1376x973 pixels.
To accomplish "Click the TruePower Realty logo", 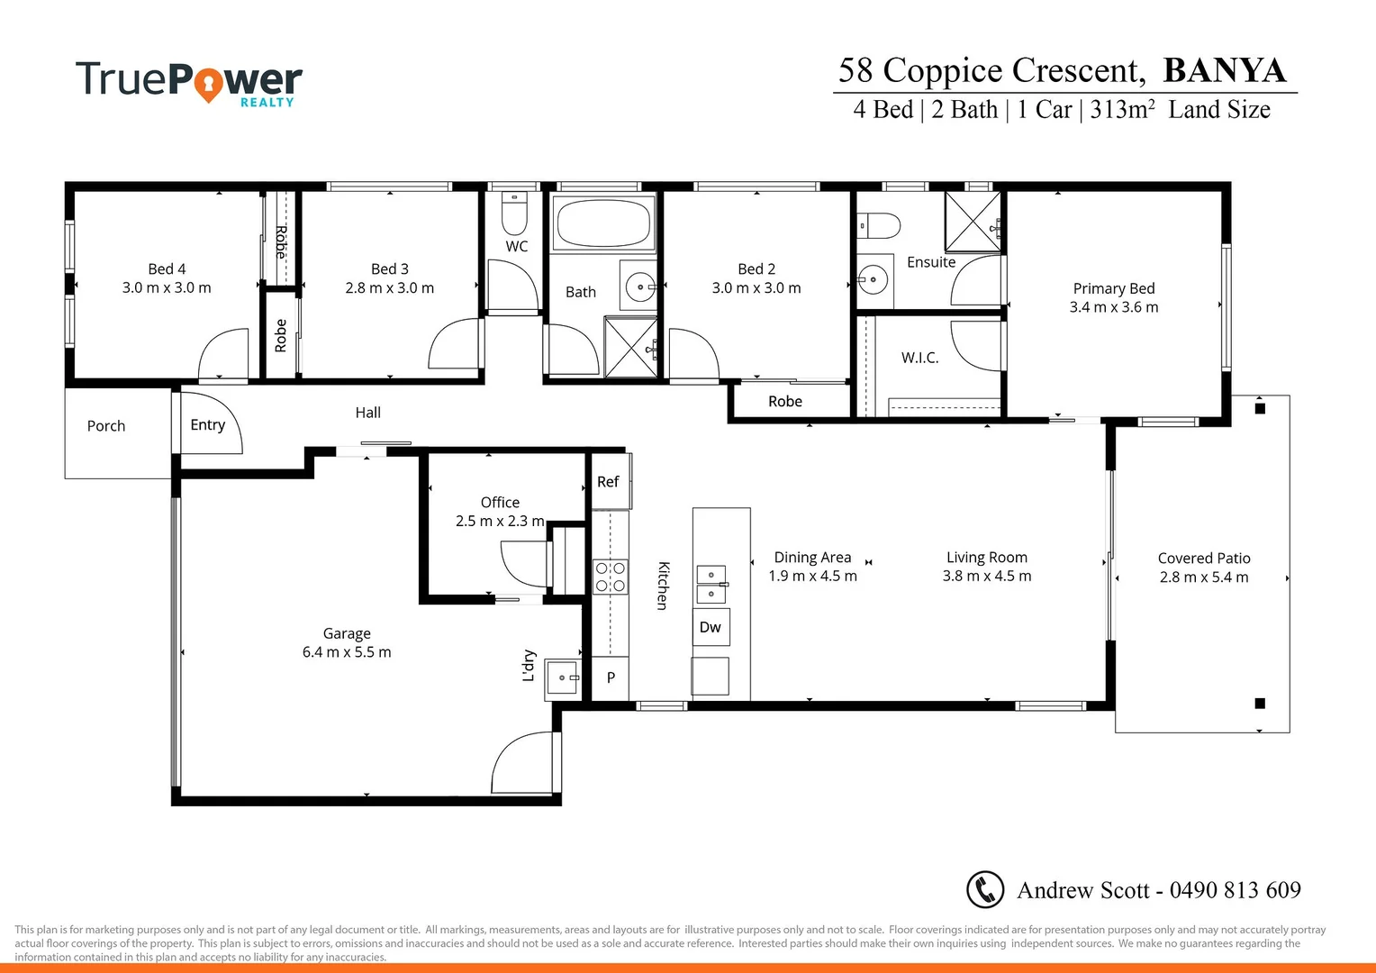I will point(189,83).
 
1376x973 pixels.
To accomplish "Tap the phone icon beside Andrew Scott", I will point(985,889).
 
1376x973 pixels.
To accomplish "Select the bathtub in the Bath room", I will point(604,223).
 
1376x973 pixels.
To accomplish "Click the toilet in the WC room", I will point(513,214).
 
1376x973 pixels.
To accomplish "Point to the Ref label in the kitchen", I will point(608,482).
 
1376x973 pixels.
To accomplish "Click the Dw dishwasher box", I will point(711,627).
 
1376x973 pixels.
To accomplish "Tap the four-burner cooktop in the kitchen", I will point(611,577).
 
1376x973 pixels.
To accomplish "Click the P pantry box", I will point(611,677).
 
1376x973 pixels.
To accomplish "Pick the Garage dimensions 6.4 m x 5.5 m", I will point(347,652).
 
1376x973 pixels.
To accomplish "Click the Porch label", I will point(106,426).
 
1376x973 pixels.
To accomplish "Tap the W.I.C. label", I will point(919,358).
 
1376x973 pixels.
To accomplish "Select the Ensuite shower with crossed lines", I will point(972,222).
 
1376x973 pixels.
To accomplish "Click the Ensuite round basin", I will point(872,280).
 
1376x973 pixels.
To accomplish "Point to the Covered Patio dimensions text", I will point(1204,577).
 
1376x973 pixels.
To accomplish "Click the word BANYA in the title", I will point(1225,70).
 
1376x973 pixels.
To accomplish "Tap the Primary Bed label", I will point(1114,288).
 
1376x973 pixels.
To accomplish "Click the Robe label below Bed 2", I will point(785,402).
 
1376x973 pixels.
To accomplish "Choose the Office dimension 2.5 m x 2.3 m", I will point(500,521).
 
